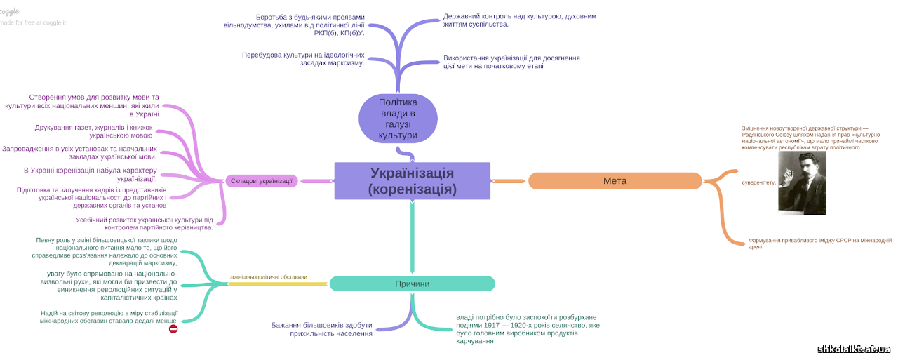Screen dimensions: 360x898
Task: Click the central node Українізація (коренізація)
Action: click(412, 181)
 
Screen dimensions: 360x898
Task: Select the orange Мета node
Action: click(615, 181)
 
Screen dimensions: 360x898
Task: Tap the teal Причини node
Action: click(412, 284)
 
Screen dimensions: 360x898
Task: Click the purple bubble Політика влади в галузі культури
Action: click(398, 119)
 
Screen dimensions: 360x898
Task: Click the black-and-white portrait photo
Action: click(802, 182)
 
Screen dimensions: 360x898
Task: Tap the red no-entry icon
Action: click(173, 328)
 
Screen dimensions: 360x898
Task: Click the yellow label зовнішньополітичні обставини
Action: click(268, 276)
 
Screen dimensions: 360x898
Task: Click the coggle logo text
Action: click(9, 11)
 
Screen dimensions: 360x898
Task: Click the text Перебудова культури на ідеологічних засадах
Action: click(303, 58)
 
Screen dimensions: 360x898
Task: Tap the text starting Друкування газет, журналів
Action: click(93, 131)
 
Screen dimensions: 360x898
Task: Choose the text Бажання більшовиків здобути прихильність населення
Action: click(321, 329)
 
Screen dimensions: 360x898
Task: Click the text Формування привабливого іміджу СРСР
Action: click(819, 243)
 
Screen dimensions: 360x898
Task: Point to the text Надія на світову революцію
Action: click(109, 316)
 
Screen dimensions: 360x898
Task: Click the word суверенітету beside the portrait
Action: click(759, 182)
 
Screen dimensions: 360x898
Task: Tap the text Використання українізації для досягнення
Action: click(511, 62)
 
